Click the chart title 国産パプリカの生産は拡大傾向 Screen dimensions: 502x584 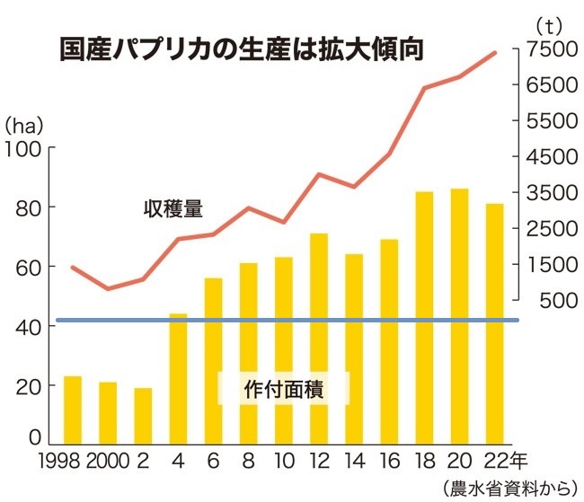240,48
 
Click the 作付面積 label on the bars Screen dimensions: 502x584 283,389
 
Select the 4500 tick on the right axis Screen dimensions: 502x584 551,156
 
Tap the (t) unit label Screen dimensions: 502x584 546,24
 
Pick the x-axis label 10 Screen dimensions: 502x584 283,462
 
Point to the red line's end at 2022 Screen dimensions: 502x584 495,53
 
